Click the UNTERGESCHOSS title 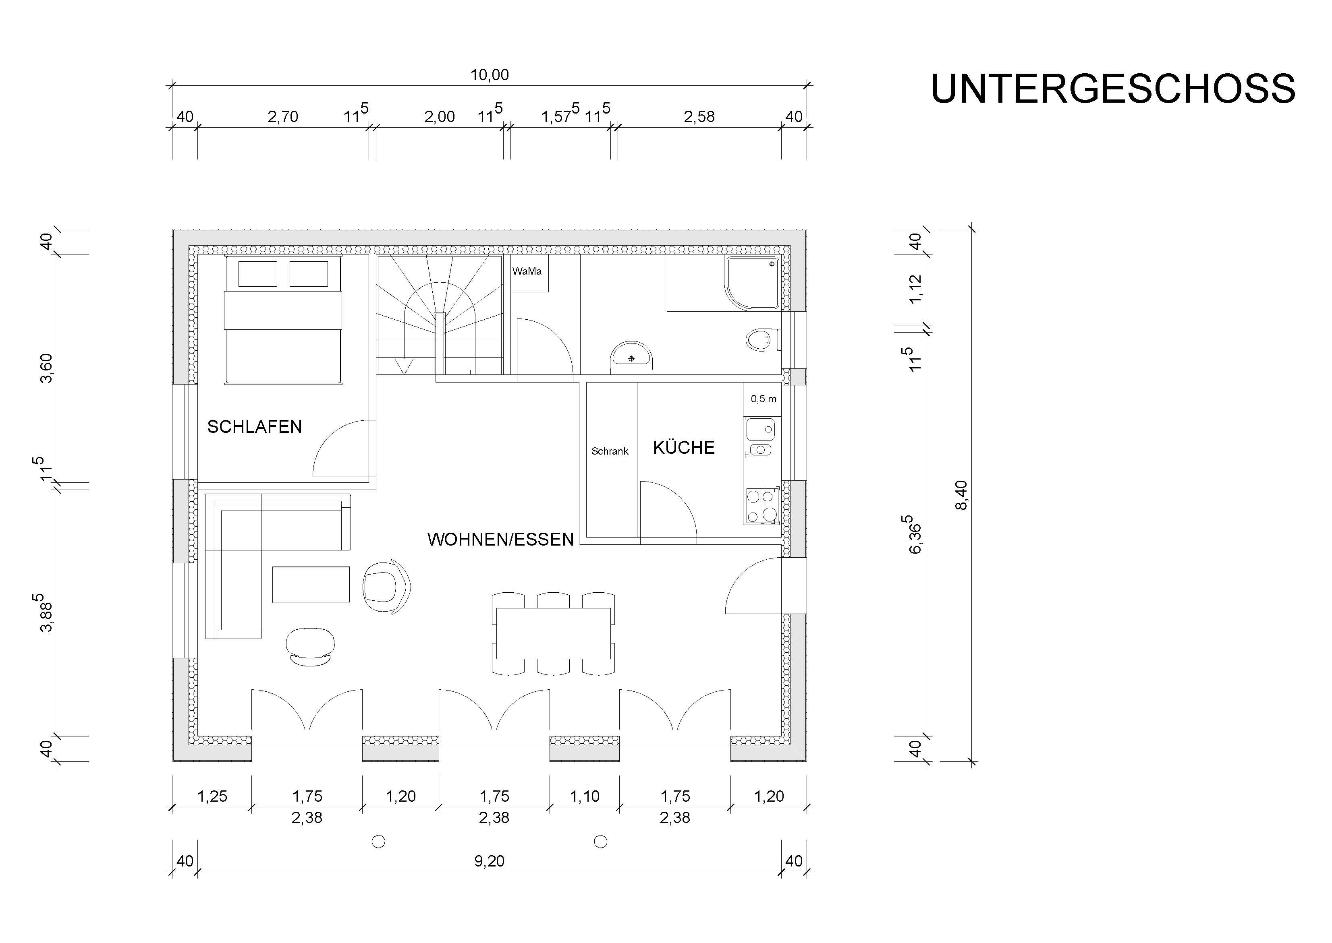tap(1113, 89)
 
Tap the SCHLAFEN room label tap(254, 427)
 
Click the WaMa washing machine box tap(529, 273)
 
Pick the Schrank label tap(610, 451)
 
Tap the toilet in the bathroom tap(763, 340)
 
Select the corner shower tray tap(752, 283)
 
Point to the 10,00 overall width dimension tap(490, 75)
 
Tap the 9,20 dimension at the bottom tap(489, 860)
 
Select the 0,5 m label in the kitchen tap(763, 399)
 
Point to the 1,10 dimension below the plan tap(584, 796)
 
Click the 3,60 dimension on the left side tap(46, 368)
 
